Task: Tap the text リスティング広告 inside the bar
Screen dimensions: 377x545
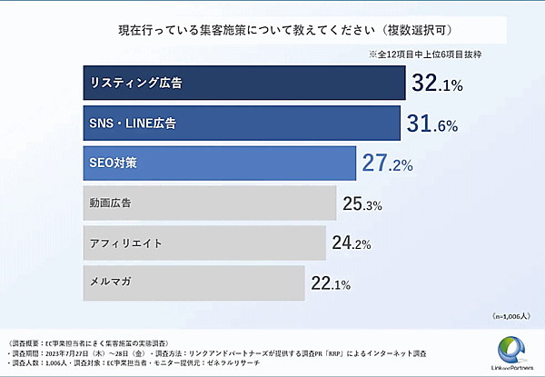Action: point(135,84)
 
